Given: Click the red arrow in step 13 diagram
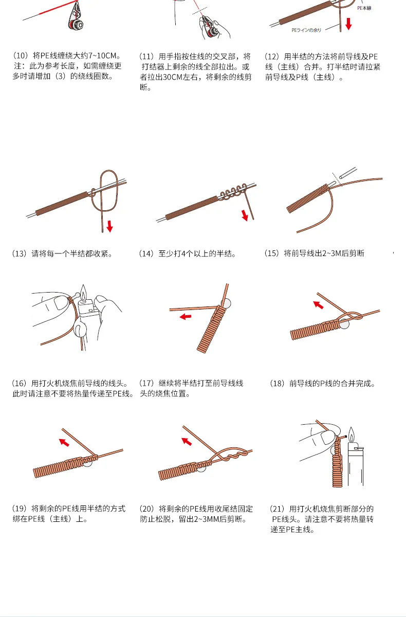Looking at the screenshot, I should (x=109, y=227).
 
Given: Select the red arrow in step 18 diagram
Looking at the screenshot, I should (x=319, y=305).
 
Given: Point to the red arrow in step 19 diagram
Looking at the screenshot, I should (x=64, y=442).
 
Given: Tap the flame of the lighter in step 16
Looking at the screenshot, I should (x=82, y=294).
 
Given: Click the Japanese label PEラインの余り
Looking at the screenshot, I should (x=306, y=30).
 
